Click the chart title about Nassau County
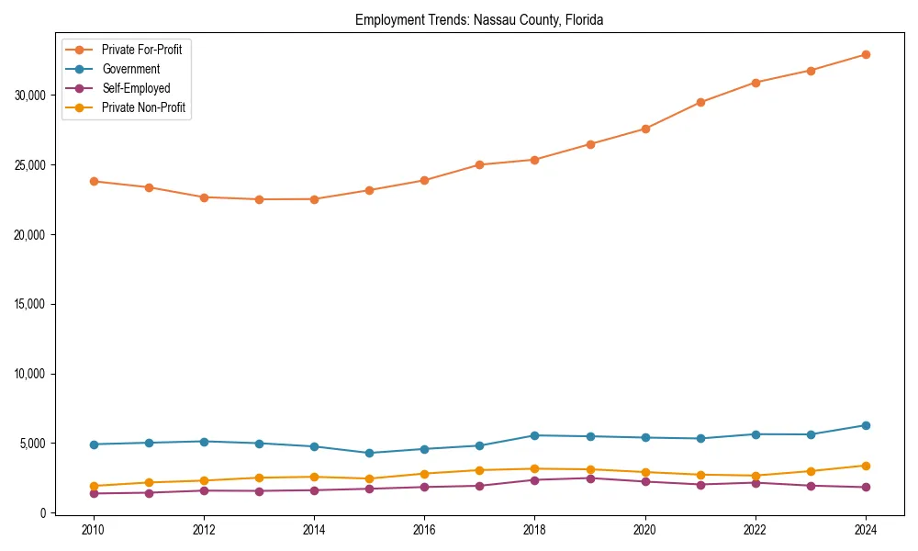pyautogui.click(x=478, y=19)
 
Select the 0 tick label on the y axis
pyautogui.click(x=42, y=513)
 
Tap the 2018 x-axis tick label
pyautogui.click(x=534, y=531)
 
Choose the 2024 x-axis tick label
pyautogui.click(x=865, y=531)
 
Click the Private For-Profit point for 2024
pyautogui.click(x=865, y=54)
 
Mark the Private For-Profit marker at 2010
pyautogui.click(x=94, y=181)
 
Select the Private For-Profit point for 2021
pyautogui.click(x=700, y=102)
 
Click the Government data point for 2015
pyautogui.click(x=369, y=453)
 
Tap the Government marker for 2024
pyautogui.click(x=865, y=425)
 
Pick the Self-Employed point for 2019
pyautogui.click(x=589, y=478)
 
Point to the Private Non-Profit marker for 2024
pyautogui.click(x=865, y=466)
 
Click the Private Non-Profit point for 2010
pyautogui.click(x=94, y=486)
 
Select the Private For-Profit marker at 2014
pyautogui.click(x=314, y=199)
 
